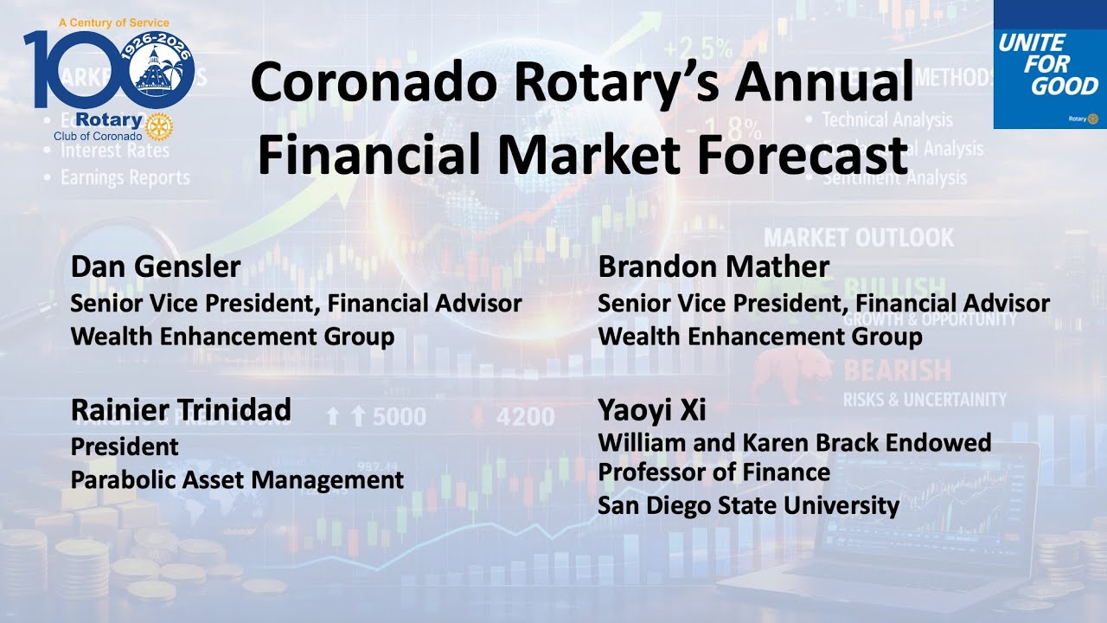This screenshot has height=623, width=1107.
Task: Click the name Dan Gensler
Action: click(x=156, y=267)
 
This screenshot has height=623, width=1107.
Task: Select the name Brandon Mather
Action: click(x=713, y=267)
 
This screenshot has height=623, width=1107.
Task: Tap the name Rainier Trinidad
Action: click(x=181, y=410)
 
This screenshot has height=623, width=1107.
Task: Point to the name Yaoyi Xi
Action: click(x=652, y=410)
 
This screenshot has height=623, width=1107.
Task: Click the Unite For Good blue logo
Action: click(x=1050, y=65)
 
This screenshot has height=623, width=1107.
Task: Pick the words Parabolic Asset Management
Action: click(x=237, y=479)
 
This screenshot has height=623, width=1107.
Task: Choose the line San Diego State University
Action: click(x=748, y=504)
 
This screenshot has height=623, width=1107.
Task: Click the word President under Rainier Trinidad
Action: click(x=125, y=446)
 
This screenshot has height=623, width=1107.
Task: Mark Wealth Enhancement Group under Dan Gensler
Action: click(x=233, y=336)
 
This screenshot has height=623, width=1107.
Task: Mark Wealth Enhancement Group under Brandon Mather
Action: click(x=760, y=336)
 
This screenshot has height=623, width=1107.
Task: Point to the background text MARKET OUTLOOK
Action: click(x=858, y=237)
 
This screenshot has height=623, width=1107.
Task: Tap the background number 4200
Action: click(x=525, y=417)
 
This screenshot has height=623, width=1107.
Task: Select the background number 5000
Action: click(x=399, y=417)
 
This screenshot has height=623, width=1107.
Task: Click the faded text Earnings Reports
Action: click(x=125, y=177)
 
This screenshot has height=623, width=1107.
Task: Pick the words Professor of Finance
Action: click(x=713, y=472)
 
